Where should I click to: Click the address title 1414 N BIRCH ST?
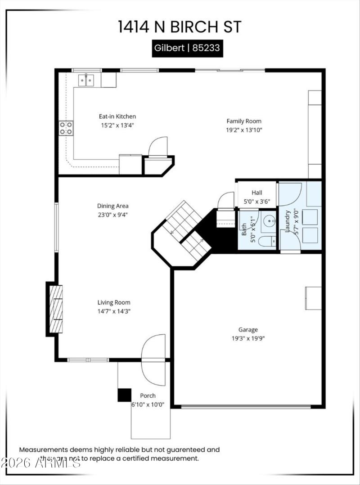[x=180, y=27]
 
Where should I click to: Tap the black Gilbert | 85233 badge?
[x=187, y=48]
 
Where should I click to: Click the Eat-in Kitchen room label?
[x=117, y=116]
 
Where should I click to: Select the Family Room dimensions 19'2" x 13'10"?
[x=243, y=130]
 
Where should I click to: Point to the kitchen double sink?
[x=86, y=80]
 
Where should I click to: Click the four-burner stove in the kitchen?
[x=66, y=128]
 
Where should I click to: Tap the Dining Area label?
[x=113, y=206]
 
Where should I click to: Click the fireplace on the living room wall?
[x=55, y=309]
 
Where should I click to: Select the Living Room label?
[x=114, y=302]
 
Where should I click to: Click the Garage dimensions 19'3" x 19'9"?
[x=248, y=338]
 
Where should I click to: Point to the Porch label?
[x=148, y=396]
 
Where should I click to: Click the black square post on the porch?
[x=124, y=395]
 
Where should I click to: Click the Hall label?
[x=257, y=193]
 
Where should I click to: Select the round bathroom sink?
[x=269, y=221]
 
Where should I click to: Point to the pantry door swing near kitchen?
[x=158, y=146]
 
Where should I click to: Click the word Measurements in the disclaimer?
[x=43, y=449]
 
